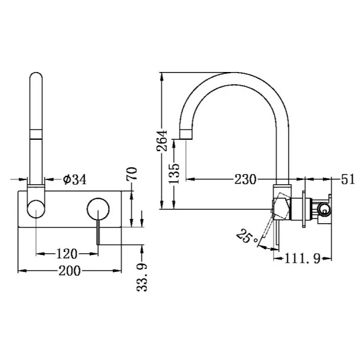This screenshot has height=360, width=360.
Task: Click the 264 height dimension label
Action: pos(162,140)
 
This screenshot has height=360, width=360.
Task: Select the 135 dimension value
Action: pos(174,173)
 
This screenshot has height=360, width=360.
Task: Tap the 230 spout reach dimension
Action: pos(245,179)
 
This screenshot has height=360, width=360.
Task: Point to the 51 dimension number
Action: pos(348,179)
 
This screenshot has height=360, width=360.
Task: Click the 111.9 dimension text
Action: pos(302,259)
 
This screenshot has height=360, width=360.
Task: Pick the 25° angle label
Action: pos(247,236)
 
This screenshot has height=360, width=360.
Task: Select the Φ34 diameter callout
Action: pos(75,179)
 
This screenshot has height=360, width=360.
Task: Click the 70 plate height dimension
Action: pos(132,173)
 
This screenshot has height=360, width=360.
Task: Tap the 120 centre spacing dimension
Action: pos(67,254)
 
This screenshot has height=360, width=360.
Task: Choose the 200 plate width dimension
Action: pos(70,271)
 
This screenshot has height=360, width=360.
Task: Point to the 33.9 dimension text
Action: pos(142,277)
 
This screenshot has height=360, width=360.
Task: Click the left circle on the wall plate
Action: pos(36,209)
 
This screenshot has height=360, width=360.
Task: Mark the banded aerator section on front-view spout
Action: pos(36,134)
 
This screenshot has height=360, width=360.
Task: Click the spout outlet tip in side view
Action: pos(186,134)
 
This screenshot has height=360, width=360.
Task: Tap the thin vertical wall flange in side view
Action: pos(304,209)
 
